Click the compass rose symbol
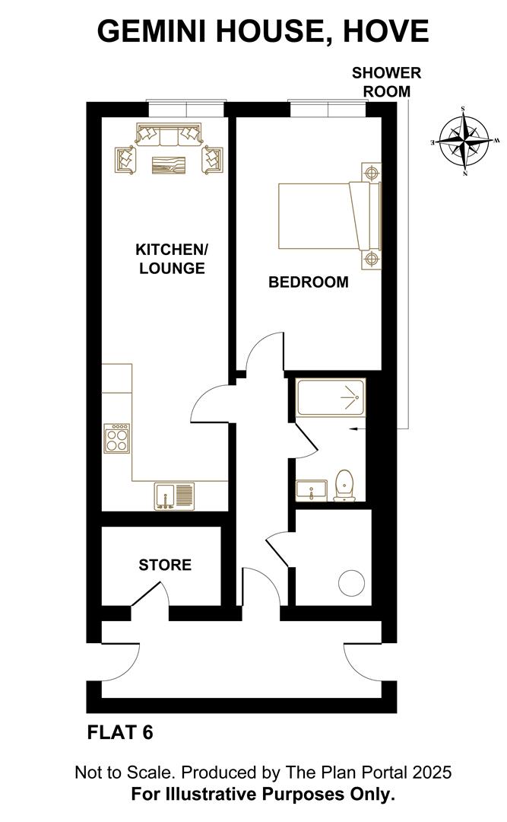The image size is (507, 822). pyautogui.click(x=464, y=141)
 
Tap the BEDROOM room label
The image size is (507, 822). pyautogui.click(x=309, y=282)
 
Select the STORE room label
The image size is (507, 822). pyautogui.click(x=165, y=565)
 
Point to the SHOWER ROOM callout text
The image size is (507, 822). pyautogui.click(x=387, y=81)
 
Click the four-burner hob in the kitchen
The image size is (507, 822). pyautogui.click(x=117, y=438)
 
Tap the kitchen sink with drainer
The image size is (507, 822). pyautogui.click(x=174, y=496)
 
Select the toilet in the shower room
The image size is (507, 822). pyautogui.click(x=344, y=485)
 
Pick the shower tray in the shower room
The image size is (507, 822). pyautogui.click(x=330, y=398)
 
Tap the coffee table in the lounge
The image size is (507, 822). pyautogui.click(x=169, y=164)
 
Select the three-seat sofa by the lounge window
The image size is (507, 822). pyautogui.click(x=168, y=134)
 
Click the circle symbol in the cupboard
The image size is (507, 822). pyautogui.click(x=351, y=583)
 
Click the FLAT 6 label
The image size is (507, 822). pyautogui.click(x=120, y=732)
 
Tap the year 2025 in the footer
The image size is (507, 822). pyautogui.click(x=432, y=773)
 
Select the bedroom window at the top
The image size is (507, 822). pyautogui.click(x=328, y=109)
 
